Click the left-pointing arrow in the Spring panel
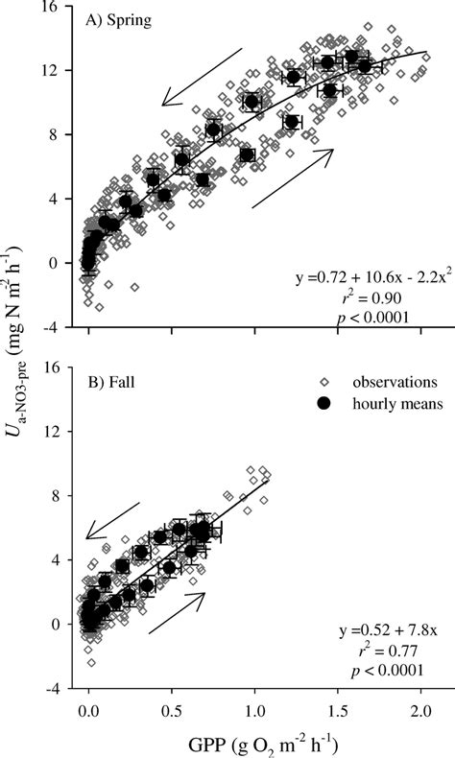point(202,77)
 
